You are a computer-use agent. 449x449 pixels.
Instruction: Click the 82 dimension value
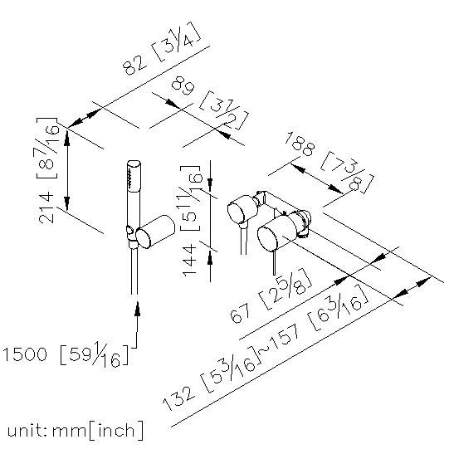coord(134,65)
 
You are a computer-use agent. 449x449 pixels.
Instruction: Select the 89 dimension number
coord(183,85)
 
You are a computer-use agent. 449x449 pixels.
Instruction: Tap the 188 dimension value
coord(300,144)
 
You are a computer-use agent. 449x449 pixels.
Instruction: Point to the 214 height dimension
coord(46,207)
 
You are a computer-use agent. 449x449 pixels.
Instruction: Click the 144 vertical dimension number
coord(190,261)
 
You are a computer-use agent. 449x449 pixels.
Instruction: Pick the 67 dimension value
coord(240,313)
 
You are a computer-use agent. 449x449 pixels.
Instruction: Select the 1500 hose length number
coord(25,354)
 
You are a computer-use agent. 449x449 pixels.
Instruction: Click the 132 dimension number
coord(179,398)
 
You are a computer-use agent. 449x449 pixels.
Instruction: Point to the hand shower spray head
coord(134,175)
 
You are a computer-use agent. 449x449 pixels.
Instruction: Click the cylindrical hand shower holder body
coord(155,232)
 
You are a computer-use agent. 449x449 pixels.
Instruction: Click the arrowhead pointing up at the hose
coord(138,309)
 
